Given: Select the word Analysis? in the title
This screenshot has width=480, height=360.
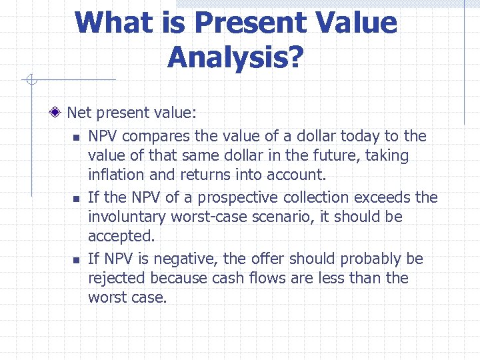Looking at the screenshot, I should click(235, 57).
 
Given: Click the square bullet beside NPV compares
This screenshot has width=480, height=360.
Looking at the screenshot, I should click(76, 138).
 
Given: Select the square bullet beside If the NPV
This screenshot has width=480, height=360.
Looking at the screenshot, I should click(76, 199).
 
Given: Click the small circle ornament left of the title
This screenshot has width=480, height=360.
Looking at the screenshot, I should click(29, 81).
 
